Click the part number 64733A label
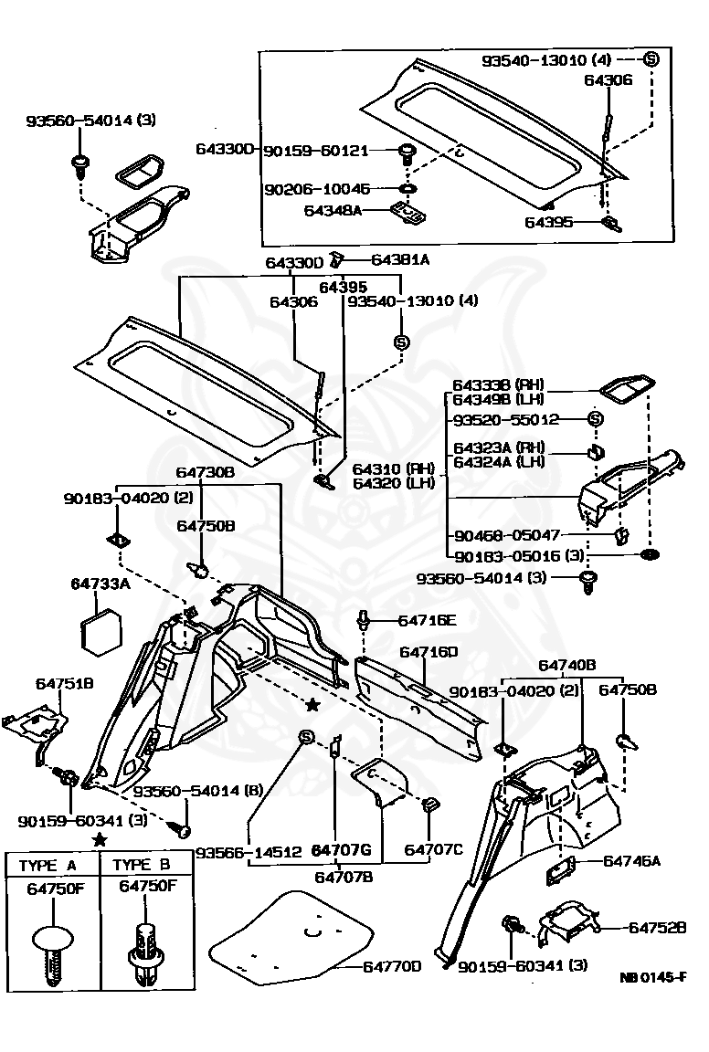pyautogui.click(x=101, y=584)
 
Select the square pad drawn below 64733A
pyautogui.click(x=101, y=630)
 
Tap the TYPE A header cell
pyautogui.click(x=51, y=865)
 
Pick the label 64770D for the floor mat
pyautogui.click(x=392, y=966)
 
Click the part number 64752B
pyautogui.click(x=657, y=927)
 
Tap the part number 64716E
pyautogui.click(x=426, y=620)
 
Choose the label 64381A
pyautogui.click(x=400, y=259)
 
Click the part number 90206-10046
pyautogui.click(x=318, y=189)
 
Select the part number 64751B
pyautogui.click(x=65, y=683)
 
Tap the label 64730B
pyautogui.click(x=206, y=472)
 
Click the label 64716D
pyautogui.click(x=429, y=652)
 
